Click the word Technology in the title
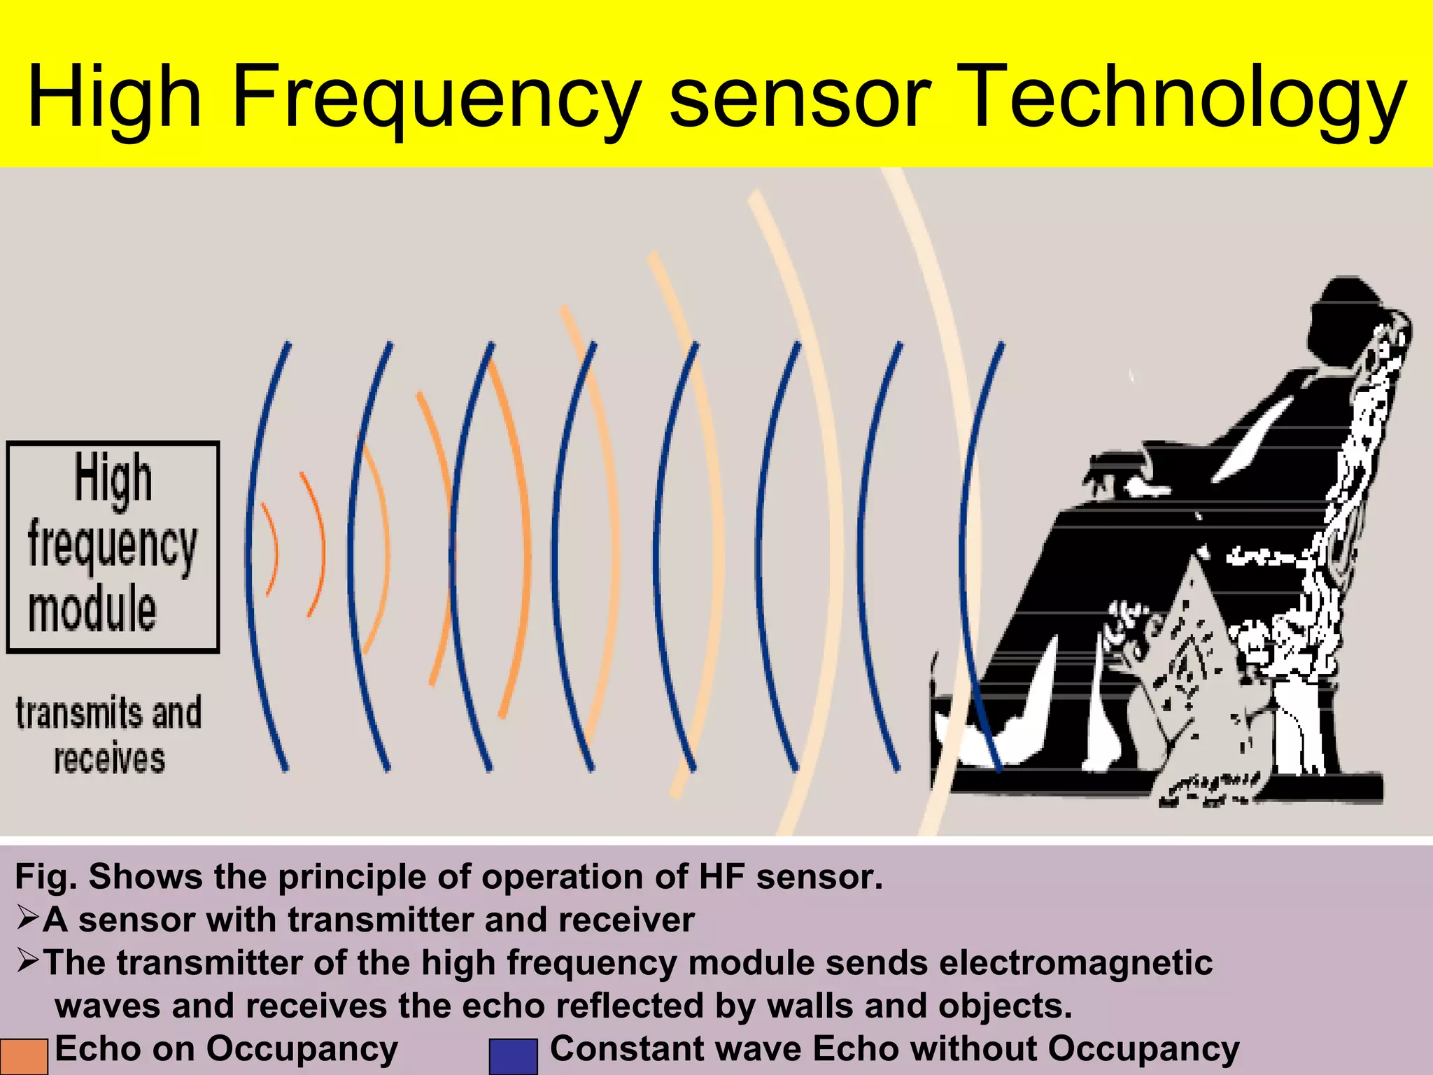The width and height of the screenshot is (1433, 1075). (1187, 98)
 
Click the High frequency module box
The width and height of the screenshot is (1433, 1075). (113, 547)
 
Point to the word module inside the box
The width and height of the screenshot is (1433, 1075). (92, 609)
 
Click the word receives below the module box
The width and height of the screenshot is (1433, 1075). (110, 759)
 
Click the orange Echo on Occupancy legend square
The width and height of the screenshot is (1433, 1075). (24, 1056)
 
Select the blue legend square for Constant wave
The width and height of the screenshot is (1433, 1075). (513, 1056)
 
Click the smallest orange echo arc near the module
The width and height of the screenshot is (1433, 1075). (271, 550)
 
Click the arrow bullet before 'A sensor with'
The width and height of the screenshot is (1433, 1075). (28, 918)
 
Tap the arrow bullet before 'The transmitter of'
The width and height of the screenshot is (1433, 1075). (28, 961)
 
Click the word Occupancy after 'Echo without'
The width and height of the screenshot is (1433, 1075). (1143, 1049)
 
